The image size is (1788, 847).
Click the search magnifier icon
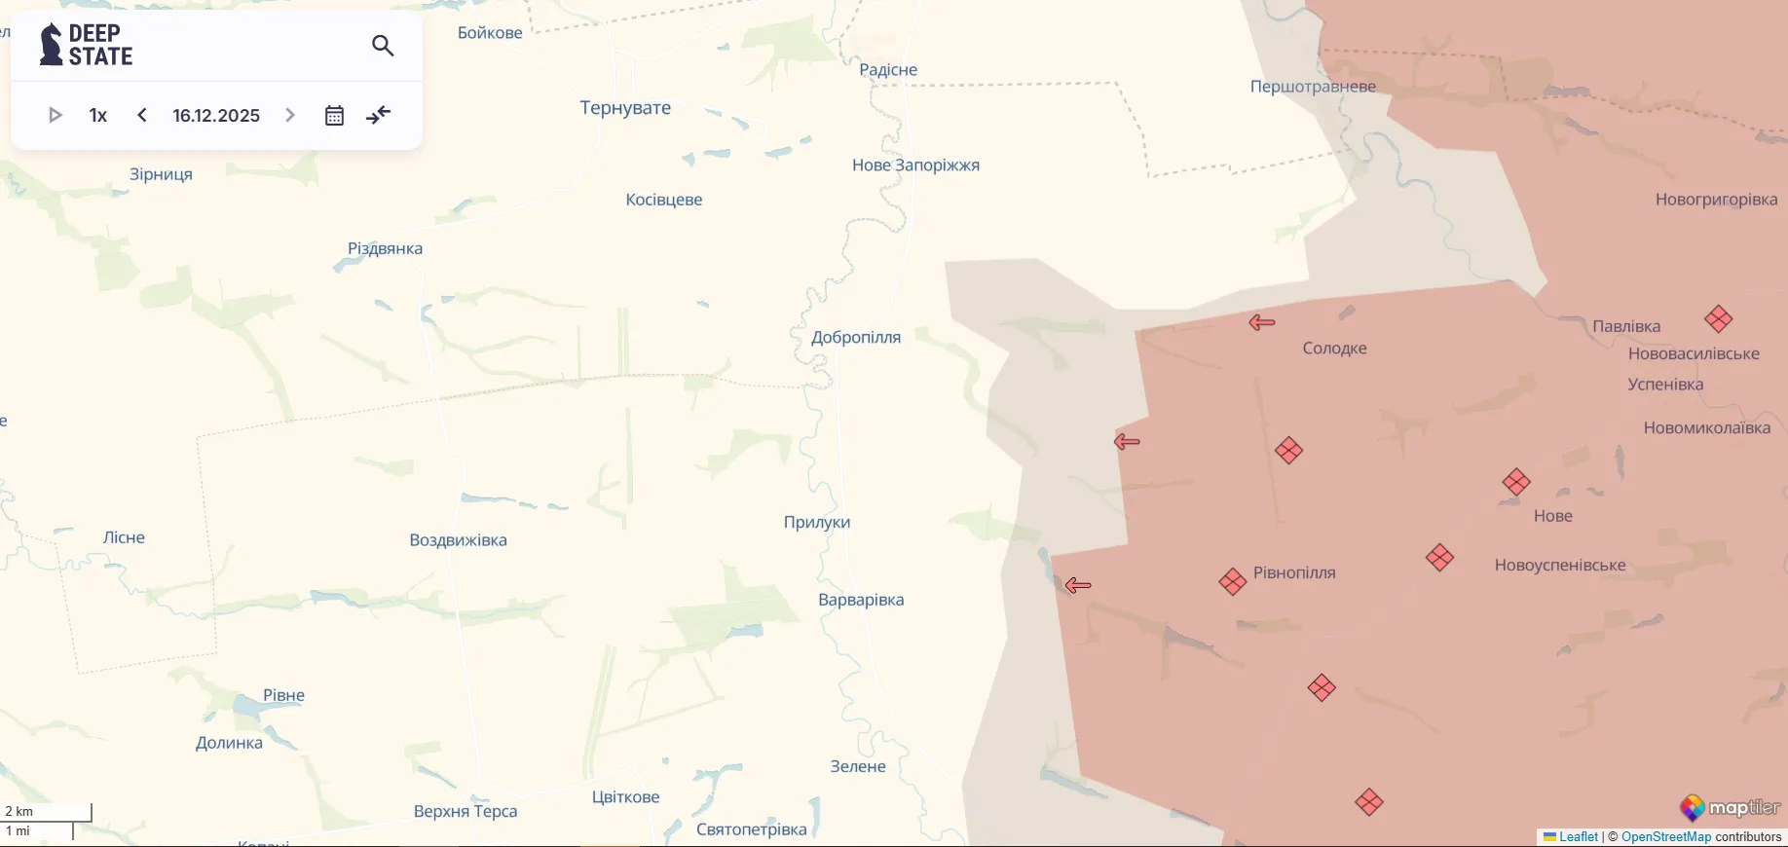[383, 46]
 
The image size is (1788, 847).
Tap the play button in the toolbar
[56, 115]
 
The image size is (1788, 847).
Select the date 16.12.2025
[216, 116]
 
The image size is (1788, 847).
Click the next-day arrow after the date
[289, 115]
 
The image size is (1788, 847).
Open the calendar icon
[334, 116]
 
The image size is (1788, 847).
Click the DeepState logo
[87, 45]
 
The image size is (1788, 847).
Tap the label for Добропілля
[855, 338]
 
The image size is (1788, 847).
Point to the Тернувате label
[625, 108]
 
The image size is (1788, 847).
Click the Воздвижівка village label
[458, 540]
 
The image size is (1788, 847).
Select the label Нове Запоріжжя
[915, 166]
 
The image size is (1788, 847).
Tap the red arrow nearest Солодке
[1262, 322]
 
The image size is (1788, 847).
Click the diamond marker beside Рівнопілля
[1233, 581]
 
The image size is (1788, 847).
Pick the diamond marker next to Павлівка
[1718, 318]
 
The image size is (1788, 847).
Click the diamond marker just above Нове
[1516, 482]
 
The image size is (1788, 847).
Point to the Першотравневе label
[1313, 87]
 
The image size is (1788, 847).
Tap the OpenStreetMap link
[1665, 836]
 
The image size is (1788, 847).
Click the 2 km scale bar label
[19, 811]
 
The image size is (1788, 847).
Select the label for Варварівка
[861, 600]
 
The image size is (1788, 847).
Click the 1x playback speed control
[98, 116]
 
